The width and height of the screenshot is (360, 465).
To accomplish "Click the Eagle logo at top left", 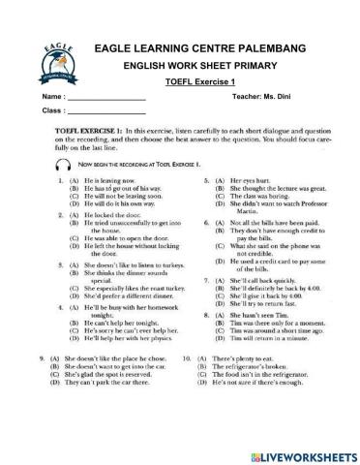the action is (54, 60).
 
